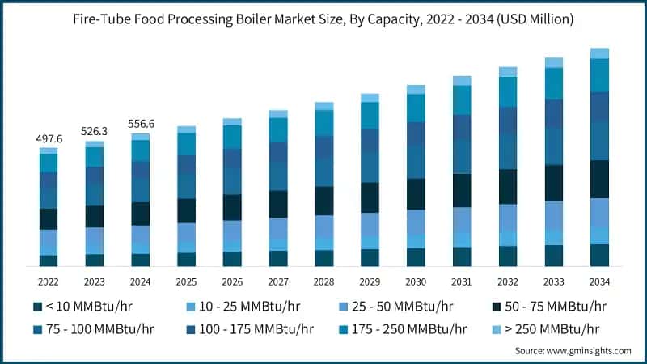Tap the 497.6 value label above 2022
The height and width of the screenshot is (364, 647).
click(x=49, y=139)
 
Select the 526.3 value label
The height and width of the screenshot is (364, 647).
click(x=95, y=132)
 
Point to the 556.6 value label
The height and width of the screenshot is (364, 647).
click(x=141, y=124)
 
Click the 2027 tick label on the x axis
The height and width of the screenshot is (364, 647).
click(x=278, y=281)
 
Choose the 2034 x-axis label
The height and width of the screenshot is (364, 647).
click(x=599, y=281)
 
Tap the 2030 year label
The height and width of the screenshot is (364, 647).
click(x=416, y=281)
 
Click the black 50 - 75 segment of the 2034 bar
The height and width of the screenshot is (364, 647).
click(x=599, y=179)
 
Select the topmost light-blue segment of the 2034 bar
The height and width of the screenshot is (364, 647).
click(x=599, y=53)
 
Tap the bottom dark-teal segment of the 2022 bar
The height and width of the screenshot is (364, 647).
click(x=49, y=260)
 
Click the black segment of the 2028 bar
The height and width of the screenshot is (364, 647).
click(x=324, y=201)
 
